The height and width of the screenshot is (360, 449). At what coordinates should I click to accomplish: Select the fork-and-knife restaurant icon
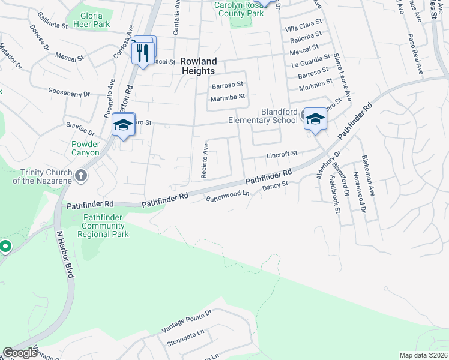(x=143, y=53)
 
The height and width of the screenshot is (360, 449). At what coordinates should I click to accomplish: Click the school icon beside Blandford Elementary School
(x=314, y=119)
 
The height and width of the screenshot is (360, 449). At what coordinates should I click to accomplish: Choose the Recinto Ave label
(x=205, y=160)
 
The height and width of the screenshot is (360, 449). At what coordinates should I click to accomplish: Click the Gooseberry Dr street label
(x=69, y=93)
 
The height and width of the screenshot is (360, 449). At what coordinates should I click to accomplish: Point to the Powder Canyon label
(x=85, y=148)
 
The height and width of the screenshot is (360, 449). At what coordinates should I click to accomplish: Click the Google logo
(x=20, y=353)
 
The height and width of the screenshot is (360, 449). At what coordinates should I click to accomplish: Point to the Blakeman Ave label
(x=367, y=174)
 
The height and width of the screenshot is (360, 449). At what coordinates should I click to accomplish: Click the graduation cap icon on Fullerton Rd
(x=123, y=125)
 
